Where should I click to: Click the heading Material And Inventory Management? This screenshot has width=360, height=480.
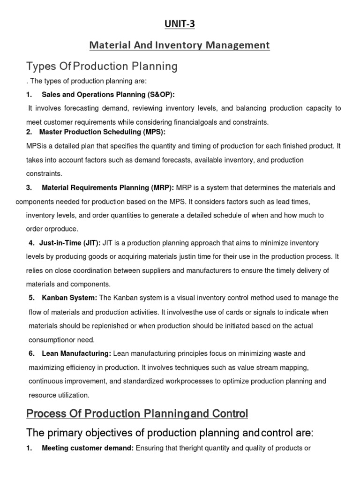[x=180, y=45]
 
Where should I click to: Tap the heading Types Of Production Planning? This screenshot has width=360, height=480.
[x=102, y=66]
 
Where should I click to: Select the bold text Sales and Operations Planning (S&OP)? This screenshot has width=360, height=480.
[x=108, y=95]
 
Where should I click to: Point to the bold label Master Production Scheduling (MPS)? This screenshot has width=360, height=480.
[x=102, y=132]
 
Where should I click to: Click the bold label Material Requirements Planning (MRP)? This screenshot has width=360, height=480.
[x=108, y=188]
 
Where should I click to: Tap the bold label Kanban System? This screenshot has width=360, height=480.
[x=69, y=298]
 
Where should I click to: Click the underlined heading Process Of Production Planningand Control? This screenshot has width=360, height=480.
[x=137, y=414]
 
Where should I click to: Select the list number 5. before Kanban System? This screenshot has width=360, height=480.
[x=31, y=298]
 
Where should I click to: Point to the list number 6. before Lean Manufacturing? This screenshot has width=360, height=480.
[x=31, y=353]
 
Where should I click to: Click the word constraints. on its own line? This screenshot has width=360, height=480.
[x=44, y=173]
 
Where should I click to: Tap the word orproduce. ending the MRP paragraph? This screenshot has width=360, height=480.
[x=52, y=229]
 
